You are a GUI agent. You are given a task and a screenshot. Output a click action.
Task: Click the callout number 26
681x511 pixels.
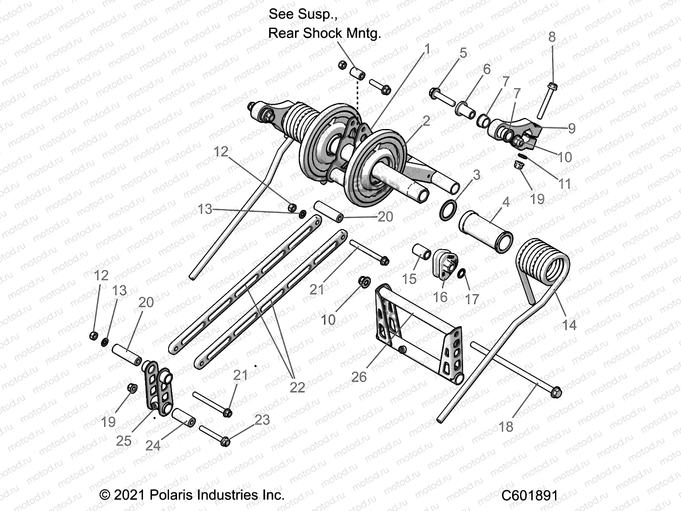click(x=359, y=377)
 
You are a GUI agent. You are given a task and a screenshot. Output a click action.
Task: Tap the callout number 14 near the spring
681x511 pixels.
click(x=569, y=325)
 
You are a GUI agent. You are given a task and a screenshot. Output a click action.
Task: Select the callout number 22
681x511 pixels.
click(x=297, y=387)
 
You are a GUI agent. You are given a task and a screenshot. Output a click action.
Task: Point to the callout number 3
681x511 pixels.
click(x=476, y=175)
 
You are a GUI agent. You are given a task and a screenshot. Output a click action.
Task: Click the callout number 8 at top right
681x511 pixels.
click(x=552, y=37)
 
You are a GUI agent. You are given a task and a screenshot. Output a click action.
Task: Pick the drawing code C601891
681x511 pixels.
click(x=529, y=496)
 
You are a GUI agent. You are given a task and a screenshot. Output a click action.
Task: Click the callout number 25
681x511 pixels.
click(x=123, y=441)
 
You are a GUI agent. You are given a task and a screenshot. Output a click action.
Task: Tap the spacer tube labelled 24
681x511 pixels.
click(x=183, y=417)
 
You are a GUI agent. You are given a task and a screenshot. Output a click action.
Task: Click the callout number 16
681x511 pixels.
click(x=440, y=296)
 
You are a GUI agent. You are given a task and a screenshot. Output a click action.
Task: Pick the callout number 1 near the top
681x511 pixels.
click(x=427, y=49)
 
